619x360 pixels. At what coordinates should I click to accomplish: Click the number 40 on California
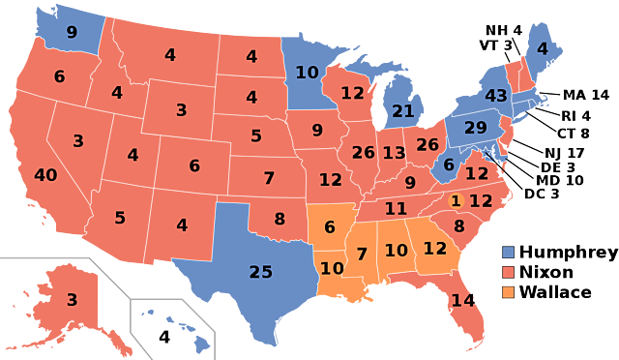tap(45, 175)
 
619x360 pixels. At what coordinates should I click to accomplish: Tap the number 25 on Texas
tap(261, 272)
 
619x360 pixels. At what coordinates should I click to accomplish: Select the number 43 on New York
tap(496, 96)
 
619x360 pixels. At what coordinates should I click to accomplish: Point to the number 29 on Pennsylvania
tap(476, 128)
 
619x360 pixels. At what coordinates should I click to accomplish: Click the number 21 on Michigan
tap(402, 111)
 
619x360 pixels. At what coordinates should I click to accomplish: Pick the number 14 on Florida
tap(463, 300)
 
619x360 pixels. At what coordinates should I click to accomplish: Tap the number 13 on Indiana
tap(394, 153)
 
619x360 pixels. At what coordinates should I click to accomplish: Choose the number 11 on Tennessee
tap(396, 208)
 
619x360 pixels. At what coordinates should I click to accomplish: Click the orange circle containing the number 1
tap(456, 201)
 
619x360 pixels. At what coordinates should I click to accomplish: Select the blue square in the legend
tap(508, 252)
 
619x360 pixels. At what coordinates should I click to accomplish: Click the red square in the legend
tap(508, 272)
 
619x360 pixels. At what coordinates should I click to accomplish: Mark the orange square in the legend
tap(508, 292)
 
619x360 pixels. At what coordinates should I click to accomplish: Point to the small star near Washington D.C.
tap(486, 153)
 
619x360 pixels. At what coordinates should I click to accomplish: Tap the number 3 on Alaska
tap(72, 300)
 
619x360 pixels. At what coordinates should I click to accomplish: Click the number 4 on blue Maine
tap(542, 48)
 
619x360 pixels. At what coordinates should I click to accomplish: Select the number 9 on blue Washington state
tap(72, 32)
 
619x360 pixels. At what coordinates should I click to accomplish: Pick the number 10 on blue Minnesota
tap(307, 73)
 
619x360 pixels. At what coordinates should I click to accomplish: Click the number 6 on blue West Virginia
tap(449, 165)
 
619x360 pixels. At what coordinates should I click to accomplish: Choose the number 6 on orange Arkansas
tap(330, 227)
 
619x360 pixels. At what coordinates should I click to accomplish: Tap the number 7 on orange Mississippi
tap(362, 254)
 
